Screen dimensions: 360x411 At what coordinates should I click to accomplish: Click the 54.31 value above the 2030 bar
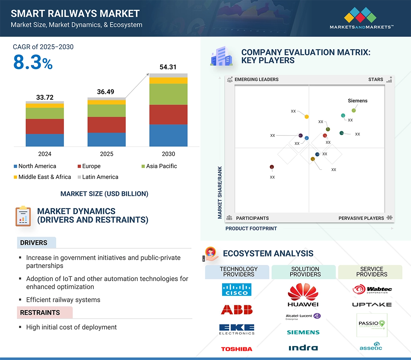168,67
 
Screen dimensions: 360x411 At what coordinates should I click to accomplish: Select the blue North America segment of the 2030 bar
168,135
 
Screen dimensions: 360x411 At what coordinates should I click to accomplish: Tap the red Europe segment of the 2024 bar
45,126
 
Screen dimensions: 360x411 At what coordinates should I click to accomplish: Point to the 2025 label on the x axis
106,154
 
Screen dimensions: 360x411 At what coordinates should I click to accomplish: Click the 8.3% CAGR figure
33,62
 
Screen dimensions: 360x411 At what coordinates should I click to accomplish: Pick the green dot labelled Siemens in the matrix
354,111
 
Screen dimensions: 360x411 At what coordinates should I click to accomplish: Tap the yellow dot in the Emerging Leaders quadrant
307,116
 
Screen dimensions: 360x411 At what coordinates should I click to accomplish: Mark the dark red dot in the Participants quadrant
272,167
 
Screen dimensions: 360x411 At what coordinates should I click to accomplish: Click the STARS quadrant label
376,80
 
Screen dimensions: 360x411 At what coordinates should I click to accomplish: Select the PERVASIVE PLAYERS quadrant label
361,218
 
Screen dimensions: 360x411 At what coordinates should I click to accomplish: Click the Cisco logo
237,290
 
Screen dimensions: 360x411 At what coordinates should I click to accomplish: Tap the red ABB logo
237,309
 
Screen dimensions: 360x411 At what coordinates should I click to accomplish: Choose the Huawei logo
303,295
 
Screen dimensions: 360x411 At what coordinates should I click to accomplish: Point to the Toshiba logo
237,349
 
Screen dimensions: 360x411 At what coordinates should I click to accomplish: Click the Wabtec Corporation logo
372,290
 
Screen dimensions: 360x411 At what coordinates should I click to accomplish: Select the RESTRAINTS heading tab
40,313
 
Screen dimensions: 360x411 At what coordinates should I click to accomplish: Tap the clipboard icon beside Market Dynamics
23,216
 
